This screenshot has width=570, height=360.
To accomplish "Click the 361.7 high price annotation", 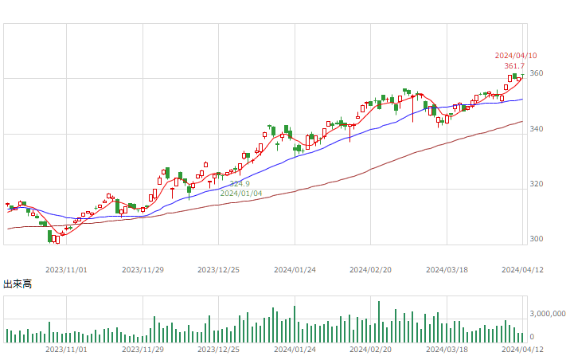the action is click(514, 66).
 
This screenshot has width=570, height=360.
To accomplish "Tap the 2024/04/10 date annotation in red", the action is click(516, 56).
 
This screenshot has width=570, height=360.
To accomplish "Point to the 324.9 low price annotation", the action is click(240, 184).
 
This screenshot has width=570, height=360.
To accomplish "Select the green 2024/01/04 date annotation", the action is click(241, 194).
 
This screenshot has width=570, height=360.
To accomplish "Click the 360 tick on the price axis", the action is click(537, 73).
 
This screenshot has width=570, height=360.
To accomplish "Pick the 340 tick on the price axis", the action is click(537, 129).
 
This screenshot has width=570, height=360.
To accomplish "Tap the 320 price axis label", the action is click(537, 184).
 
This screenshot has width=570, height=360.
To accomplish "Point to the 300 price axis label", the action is click(537, 239).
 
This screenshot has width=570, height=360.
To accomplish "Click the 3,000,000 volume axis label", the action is click(548, 314).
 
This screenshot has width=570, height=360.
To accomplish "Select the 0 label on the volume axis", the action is click(532, 337).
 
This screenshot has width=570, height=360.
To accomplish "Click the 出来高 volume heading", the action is click(18, 284).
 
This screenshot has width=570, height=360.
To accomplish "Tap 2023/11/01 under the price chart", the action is click(66, 270).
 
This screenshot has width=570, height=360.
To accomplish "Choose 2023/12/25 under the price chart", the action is click(218, 270).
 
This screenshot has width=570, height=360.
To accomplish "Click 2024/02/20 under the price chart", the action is click(370, 270).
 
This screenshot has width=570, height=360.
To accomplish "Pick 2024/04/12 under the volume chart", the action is click(522, 350).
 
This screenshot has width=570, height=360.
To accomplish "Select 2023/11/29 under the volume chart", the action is click(142, 350).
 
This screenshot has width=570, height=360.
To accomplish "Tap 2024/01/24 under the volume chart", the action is click(295, 350).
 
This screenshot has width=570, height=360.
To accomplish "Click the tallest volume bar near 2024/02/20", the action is click(379, 322).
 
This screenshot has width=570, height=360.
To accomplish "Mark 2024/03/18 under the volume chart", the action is click(447, 350).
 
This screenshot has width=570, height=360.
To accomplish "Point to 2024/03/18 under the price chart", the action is click(447, 270).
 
